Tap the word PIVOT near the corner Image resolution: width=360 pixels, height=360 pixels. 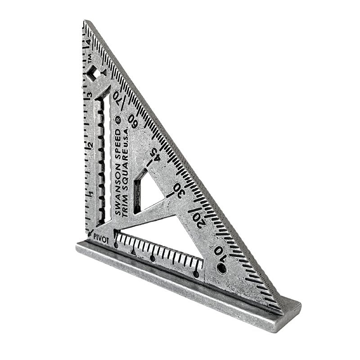pyautogui.click(x=102, y=240)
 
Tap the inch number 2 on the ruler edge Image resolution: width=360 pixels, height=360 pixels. pyautogui.click(x=90, y=145)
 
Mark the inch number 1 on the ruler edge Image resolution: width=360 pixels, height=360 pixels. pyautogui.click(x=91, y=194)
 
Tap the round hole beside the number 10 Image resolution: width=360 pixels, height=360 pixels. pyautogui.click(x=221, y=268)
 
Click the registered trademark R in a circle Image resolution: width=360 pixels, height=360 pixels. pyautogui.click(x=118, y=120)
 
